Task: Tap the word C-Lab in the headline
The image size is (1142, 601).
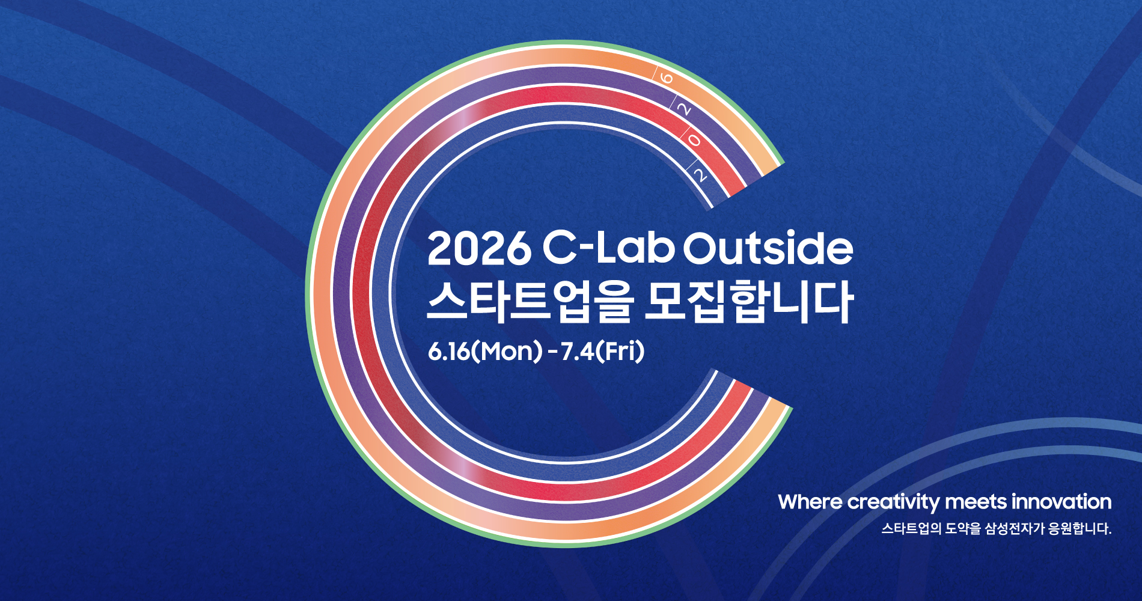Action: click(608, 249)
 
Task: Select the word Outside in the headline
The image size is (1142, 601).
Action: click(768, 249)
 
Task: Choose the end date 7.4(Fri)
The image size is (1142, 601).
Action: click(602, 352)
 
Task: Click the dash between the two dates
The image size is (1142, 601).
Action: click(552, 352)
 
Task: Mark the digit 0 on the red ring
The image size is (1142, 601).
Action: click(694, 141)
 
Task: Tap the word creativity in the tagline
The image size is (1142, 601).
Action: click(893, 502)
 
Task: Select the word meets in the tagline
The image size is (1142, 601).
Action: click(976, 502)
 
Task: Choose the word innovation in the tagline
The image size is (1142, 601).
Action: click(1061, 502)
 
